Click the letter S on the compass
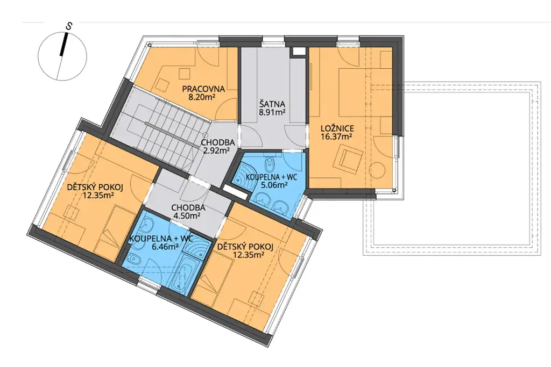[70, 26]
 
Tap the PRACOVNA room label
[203, 89]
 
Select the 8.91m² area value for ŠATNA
[272, 112]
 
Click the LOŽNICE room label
[337, 128]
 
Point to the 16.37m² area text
[337, 136]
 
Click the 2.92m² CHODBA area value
[216, 151]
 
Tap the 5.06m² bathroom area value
[274, 185]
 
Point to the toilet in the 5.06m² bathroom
[270, 162]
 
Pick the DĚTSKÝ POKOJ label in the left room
[95, 188]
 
